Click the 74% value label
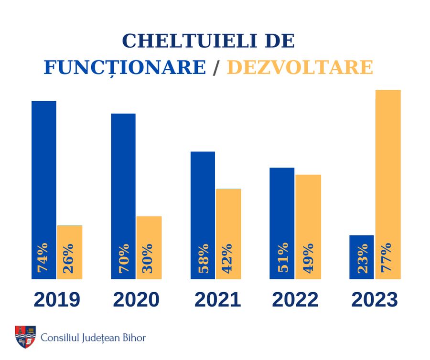pyautogui.click(x=43, y=258)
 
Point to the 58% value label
pyautogui.click(x=203, y=258)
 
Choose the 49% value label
pyautogui.click(x=309, y=258)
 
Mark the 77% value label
pyautogui.click(x=387, y=258)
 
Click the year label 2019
pyautogui.click(x=57, y=300)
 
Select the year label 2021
pyautogui.click(x=217, y=300)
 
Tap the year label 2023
pyautogui.click(x=375, y=300)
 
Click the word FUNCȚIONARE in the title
pyautogui.click(x=125, y=67)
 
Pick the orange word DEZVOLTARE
pyautogui.click(x=300, y=67)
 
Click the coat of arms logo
pyautogui.click(x=25, y=337)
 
